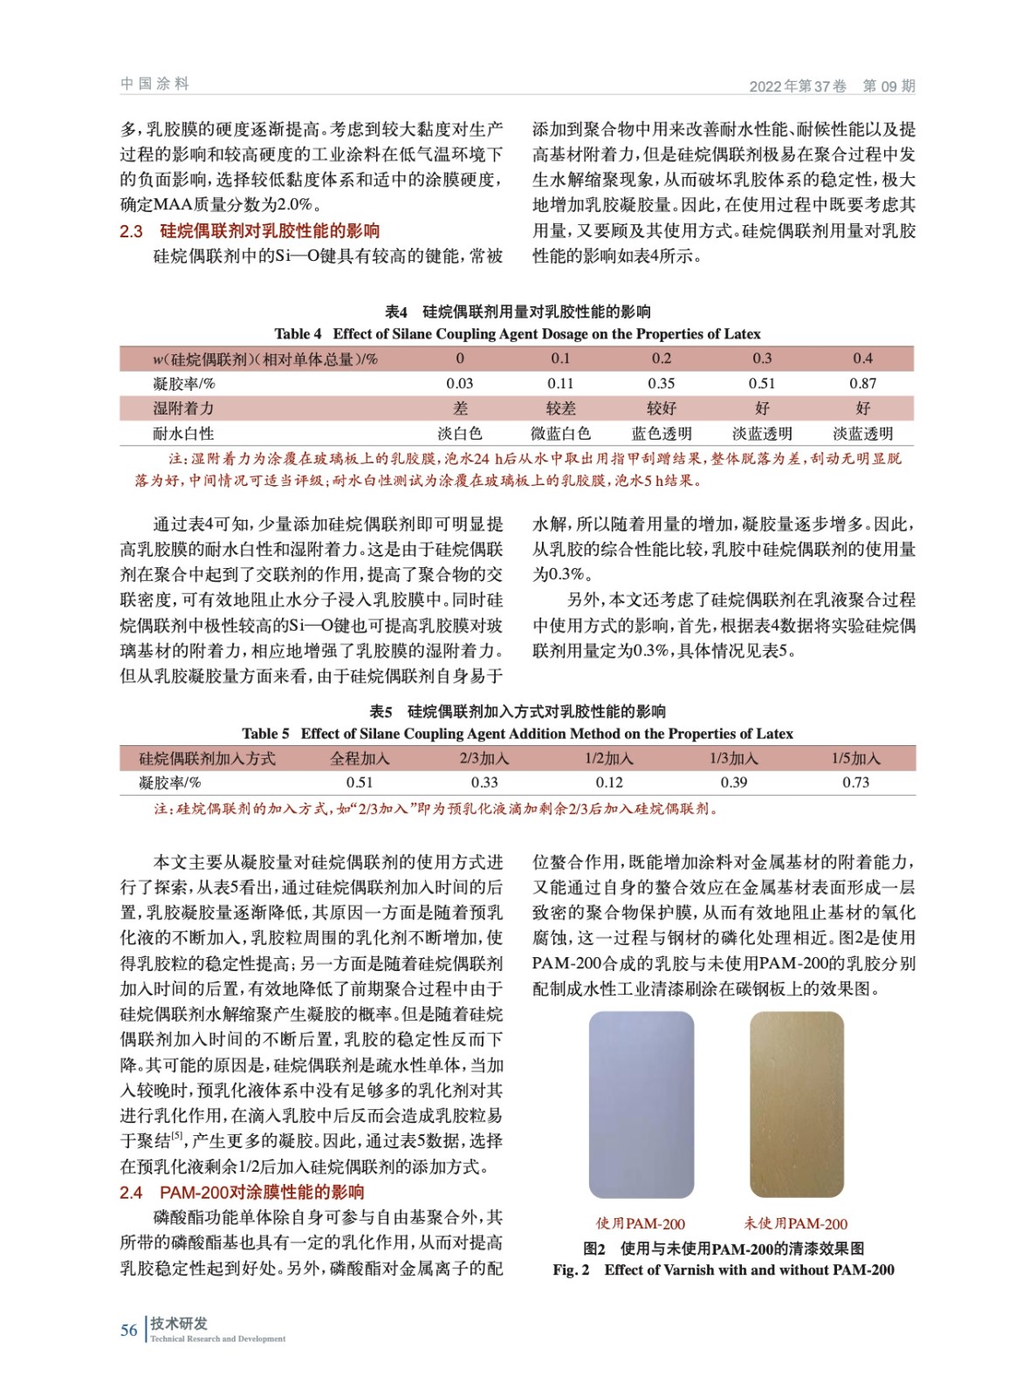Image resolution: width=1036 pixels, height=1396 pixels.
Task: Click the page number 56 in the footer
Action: [x=128, y=1330]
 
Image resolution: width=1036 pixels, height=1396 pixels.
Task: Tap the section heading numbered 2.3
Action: [x=250, y=231]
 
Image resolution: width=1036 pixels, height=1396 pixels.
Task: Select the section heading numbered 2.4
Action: [x=242, y=1192]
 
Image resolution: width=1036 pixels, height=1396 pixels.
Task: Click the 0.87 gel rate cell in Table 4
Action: [x=862, y=383]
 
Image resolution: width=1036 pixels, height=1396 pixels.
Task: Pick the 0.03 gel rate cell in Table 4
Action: [x=459, y=383]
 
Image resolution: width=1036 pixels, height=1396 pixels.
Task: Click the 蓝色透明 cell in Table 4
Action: [x=661, y=434]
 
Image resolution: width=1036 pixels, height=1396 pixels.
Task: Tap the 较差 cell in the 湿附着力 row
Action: [x=560, y=408]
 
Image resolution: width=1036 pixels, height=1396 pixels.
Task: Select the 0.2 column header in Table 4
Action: [x=661, y=359]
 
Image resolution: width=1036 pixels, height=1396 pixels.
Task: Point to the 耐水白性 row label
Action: [x=183, y=434]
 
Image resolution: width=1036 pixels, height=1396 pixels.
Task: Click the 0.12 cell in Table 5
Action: [x=609, y=783]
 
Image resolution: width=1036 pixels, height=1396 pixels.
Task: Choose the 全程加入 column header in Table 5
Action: [x=360, y=758]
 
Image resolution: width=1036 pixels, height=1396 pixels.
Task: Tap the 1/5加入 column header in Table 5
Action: [x=855, y=758]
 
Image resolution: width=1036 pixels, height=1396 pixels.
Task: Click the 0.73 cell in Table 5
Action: [x=855, y=783]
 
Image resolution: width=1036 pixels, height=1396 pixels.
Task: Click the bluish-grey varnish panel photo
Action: [x=641, y=1105]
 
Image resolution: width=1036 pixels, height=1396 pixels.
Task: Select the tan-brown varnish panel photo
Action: [x=796, y=1105]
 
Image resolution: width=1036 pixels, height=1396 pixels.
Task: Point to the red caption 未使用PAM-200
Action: [x=795, y=1224]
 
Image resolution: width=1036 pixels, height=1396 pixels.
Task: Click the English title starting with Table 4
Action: [x=517, y=334]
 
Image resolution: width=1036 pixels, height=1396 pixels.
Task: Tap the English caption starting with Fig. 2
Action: [x=723, y=1270]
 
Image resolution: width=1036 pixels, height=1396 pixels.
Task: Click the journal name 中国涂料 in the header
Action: [x=154, y=84]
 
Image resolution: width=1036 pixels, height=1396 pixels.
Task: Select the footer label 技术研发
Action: [x=179, y=1324]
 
